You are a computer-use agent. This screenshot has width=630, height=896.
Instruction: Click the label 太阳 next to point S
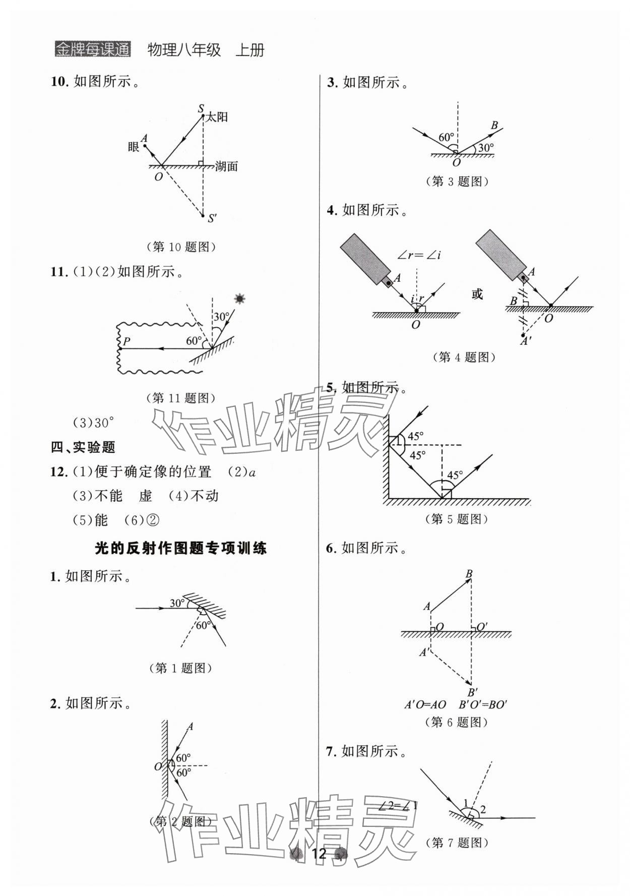217,117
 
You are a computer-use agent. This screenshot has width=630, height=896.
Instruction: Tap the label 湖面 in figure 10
226,166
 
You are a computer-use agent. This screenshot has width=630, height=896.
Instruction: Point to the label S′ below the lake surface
212,218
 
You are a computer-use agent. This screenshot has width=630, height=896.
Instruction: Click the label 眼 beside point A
134,147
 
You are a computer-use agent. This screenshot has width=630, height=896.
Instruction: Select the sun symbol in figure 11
239,299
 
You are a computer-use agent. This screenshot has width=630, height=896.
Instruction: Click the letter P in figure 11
127,341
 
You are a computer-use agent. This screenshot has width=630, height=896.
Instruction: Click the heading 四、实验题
83,447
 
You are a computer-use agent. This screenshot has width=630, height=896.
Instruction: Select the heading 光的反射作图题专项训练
181,548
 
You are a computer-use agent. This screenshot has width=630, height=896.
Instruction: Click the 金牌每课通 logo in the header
92,49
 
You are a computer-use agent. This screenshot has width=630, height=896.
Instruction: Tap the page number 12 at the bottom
320,854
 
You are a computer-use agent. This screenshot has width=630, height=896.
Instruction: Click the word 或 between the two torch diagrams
477,293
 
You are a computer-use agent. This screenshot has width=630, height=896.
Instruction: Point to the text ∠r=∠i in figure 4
419,255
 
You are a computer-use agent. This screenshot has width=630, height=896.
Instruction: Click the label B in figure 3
494,126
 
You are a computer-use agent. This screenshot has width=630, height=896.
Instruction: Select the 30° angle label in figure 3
486,148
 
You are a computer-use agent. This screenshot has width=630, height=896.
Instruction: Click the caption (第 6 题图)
456,722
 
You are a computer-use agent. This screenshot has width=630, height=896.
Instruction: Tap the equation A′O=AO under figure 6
425,704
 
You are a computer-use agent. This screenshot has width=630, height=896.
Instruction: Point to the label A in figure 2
190,727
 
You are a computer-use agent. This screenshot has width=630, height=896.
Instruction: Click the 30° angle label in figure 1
177,603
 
